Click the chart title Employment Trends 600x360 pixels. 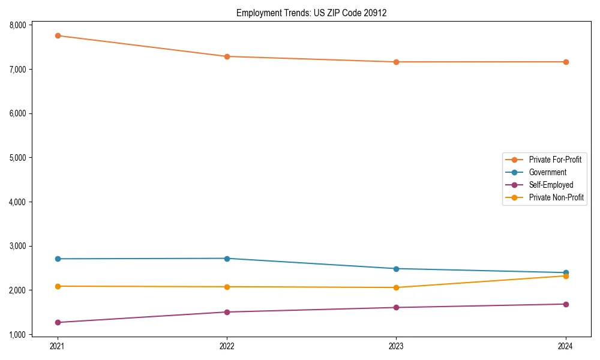click(x=311, y=13)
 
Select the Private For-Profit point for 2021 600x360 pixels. click(x=58, y=35)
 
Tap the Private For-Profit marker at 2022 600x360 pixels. click(x=227, y=56)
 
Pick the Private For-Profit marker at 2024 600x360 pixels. click(x=566, y=62)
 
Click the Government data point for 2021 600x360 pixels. click(x=58, y=259)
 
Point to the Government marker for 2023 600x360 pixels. click(x=396, y=269)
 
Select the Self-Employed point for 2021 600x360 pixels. click(x=58, y=322)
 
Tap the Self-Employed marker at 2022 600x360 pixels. click(x=227, y=312)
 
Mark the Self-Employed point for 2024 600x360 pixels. click(x=566, y=304)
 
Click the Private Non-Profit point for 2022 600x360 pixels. click(x=227, y=287)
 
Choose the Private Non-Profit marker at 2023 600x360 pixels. click(x=396, y=287)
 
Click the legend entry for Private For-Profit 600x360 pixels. click(x=555, y=160)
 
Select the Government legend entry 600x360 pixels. click(x=547, y=172)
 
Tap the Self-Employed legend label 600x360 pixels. click(x=551, y=185)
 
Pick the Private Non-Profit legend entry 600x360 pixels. click(x=556, y=197)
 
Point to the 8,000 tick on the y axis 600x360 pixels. click(x=17, y=25)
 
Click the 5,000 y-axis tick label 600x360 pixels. click(x=17, y=158)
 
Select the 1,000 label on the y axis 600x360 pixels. click(x=17, y=334)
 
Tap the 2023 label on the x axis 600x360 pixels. click(x=396, y=346)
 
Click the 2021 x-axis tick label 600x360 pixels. click(x=58, y=346)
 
